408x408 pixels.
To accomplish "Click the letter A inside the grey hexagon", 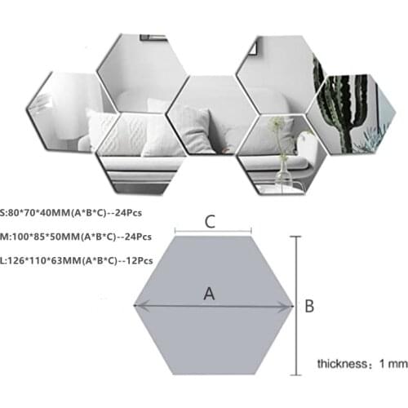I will [x=209, y=295].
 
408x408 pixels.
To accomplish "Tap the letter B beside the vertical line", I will [x=309, y=306].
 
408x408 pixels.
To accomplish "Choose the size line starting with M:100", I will [x=76, y=237].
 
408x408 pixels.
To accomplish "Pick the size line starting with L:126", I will [x=78, y=260].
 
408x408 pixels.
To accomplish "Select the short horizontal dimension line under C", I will [x=208, y=233].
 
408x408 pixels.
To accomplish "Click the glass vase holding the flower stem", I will [x=283, y=173].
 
